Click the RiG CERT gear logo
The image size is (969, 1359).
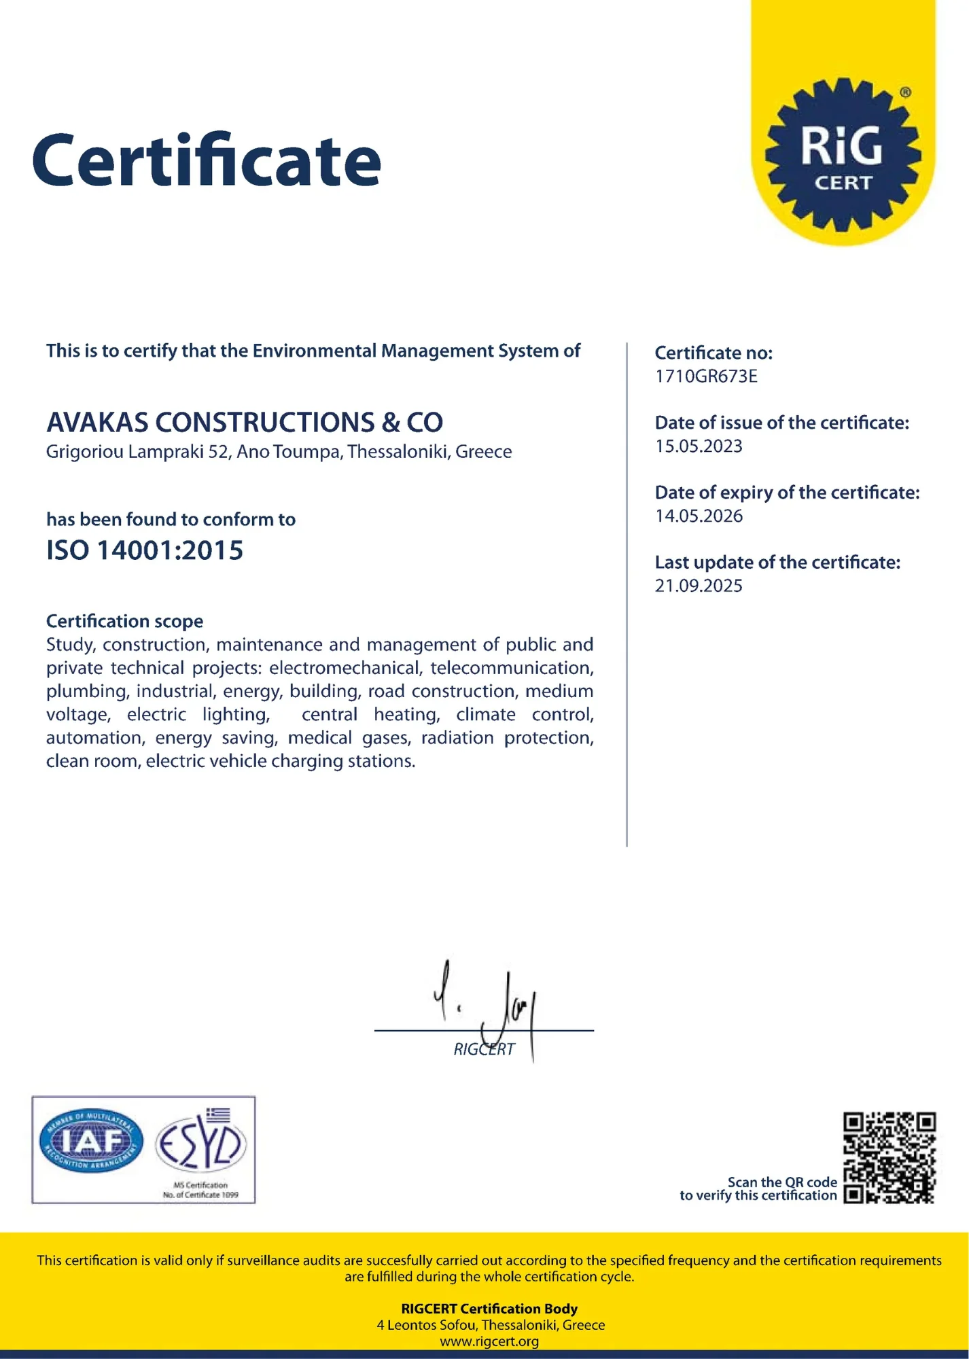tap(843, 155)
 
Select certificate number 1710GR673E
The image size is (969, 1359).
tap(705, 376)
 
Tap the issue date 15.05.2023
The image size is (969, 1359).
tap(699, 446)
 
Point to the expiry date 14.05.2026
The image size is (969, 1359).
tap(699, 516)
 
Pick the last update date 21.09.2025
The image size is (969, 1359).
tap(699, 586)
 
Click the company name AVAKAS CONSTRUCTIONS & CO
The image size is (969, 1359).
tap(245, 423)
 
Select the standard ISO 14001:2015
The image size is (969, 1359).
tap(144, 550)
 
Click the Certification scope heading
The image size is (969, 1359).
tap(124, 621)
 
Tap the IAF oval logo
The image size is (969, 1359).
tap(91, 1144)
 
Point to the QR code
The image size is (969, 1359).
tap(889, 1158)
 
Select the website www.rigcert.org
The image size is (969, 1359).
tap(489, 1341)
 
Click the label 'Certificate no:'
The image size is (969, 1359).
tap(713, 353)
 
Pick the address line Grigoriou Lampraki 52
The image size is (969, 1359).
tap(279, 452)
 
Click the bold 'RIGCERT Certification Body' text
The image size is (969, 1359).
tap(489, 1309)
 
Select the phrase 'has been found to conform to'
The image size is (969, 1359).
tap(171, 520)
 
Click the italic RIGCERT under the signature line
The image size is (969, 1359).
tap(484, 1050)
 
